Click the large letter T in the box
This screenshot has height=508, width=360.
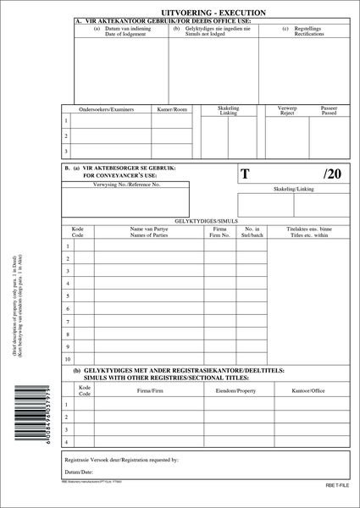point(246,174)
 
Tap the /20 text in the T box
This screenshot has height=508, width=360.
point(331,174)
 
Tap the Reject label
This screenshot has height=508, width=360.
point(286,113)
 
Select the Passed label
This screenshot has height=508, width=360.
point(329,113)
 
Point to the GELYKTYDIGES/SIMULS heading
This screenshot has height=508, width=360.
point(205,219)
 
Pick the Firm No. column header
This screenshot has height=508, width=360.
point(219,234)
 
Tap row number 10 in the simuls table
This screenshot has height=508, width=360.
point(67,358)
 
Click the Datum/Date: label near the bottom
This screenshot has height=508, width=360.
point(81,471)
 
